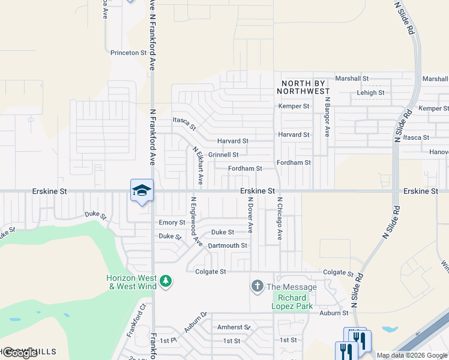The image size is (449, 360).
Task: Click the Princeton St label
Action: point(128,53)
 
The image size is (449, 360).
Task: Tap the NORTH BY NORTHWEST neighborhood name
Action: point(303,87)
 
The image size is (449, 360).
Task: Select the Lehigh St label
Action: point(370,93)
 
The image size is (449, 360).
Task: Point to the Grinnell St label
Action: point(223,155)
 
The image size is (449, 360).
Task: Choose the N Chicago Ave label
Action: point(279,218)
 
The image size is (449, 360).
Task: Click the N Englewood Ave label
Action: point(196,221)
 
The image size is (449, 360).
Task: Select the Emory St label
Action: point(172,223)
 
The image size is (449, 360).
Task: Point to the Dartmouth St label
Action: point(227,246)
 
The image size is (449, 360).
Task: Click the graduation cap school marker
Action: point(142,191)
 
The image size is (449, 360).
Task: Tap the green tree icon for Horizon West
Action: point(166,280)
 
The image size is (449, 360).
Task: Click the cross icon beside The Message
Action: point(258,286)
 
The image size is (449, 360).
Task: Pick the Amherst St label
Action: point(234,328)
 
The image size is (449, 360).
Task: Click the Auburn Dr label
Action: point(195,323)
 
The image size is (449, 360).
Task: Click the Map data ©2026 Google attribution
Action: point(412,355)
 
